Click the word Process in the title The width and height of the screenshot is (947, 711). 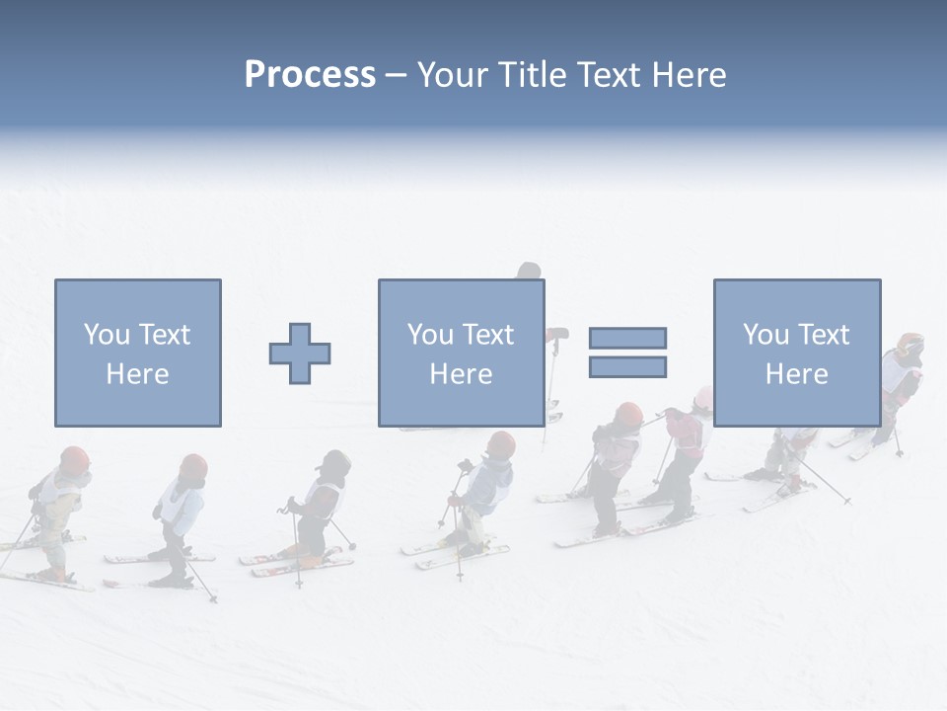tap(310, 75)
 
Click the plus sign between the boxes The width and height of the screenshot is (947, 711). tap(300, 353)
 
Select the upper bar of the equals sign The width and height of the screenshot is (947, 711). tap(627, 338)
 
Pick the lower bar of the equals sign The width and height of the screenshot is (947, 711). tap(627, 367)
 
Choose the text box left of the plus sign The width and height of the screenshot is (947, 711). tap(137, 353)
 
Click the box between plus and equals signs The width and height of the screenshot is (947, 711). tap(461, 353)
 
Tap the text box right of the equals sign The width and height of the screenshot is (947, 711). tap(796, 353)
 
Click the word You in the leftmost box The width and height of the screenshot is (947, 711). tap(106, 334)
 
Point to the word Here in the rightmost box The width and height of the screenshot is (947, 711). tap(796, 373)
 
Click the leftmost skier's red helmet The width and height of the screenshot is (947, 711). tap(74, 459)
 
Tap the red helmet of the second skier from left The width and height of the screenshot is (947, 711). tap(193, 466)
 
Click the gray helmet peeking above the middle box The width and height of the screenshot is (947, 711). tap(529, 271)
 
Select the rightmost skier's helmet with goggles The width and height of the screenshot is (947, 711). tap(910, 345)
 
